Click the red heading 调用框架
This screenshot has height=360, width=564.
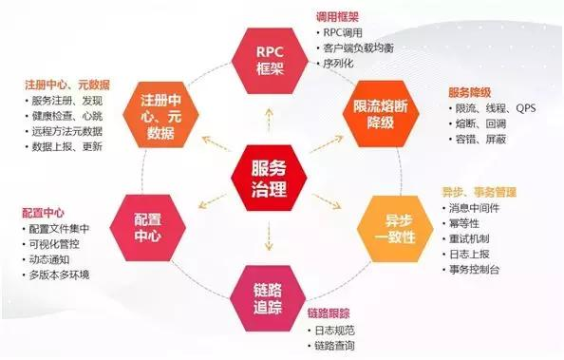[x=336, y=17]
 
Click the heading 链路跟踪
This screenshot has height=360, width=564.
[x=329, y=313]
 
